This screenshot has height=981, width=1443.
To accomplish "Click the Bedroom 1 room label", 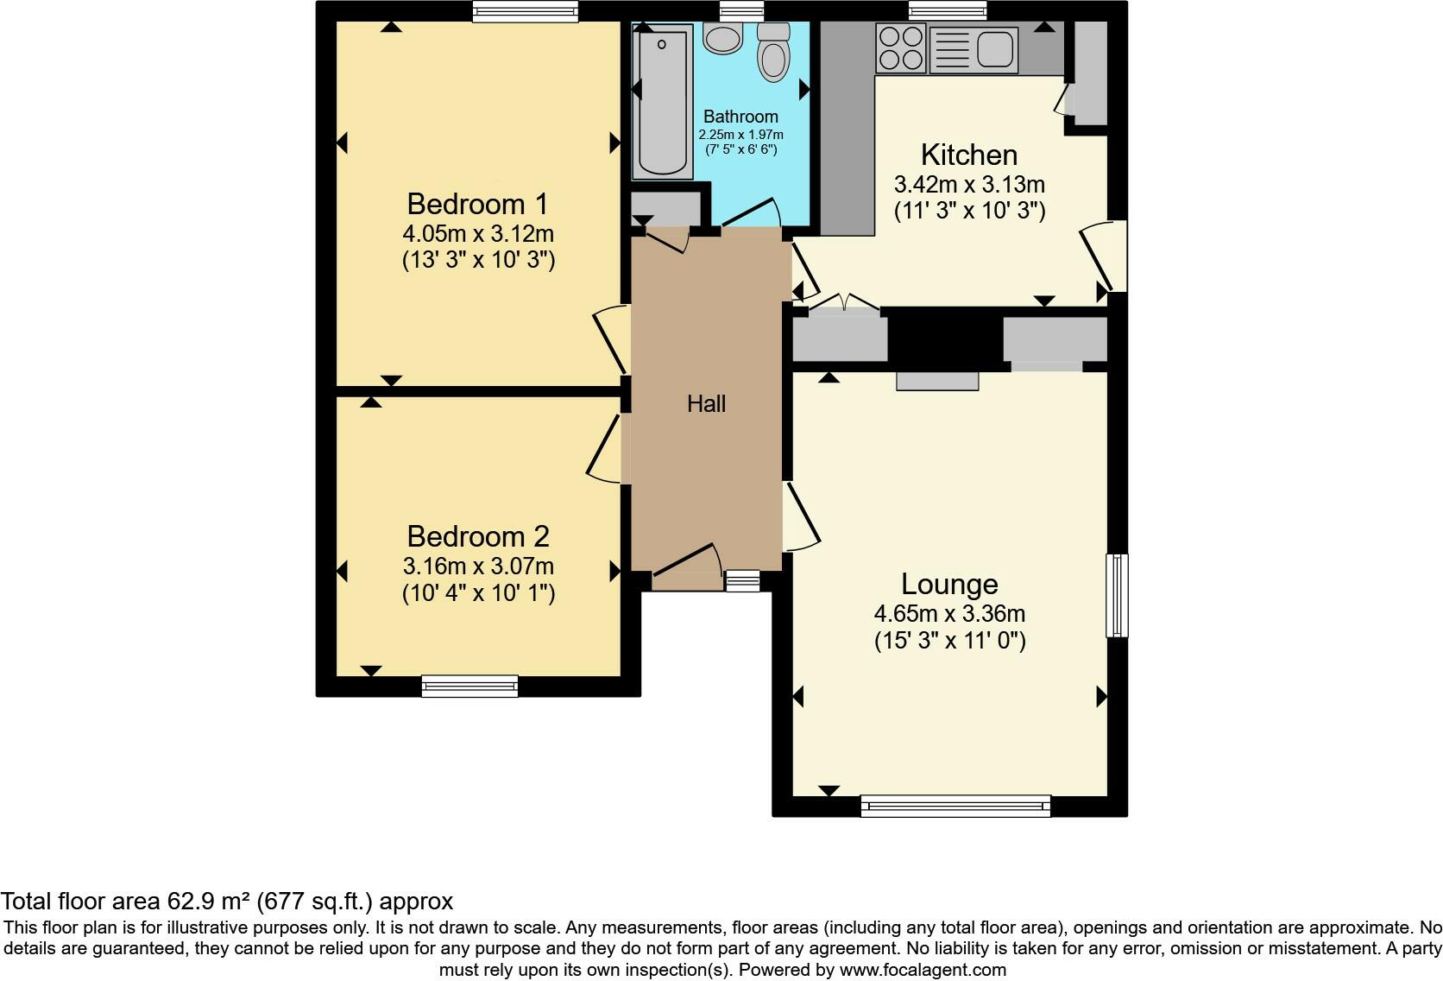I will click(477, 205).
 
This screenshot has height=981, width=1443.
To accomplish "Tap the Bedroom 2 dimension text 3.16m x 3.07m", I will click(478, 567).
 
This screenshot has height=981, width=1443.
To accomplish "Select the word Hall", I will click(706, 403).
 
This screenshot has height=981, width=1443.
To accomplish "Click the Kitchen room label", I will click(968, 155).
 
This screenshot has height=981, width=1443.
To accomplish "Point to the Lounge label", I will click(949, 585).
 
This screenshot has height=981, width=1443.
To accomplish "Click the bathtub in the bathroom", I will click(663, 102).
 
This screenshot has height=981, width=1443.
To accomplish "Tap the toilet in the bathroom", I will click(773, 54).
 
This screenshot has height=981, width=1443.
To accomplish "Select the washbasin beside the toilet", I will click(723, 37).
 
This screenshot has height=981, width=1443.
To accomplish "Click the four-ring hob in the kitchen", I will click(901, 47).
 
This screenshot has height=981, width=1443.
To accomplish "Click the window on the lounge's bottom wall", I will click(955, 807).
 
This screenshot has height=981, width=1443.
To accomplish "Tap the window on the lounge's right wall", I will click(1117, 596).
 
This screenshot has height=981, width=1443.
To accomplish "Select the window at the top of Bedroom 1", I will click(525, 11).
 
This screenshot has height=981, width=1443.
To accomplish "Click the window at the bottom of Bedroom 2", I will click(469, 687).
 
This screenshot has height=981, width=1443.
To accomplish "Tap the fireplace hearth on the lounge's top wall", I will click(937, 381).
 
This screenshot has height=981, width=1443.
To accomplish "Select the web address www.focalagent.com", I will click(922, 970).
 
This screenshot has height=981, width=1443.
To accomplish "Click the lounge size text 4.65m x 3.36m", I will click(949, 615).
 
